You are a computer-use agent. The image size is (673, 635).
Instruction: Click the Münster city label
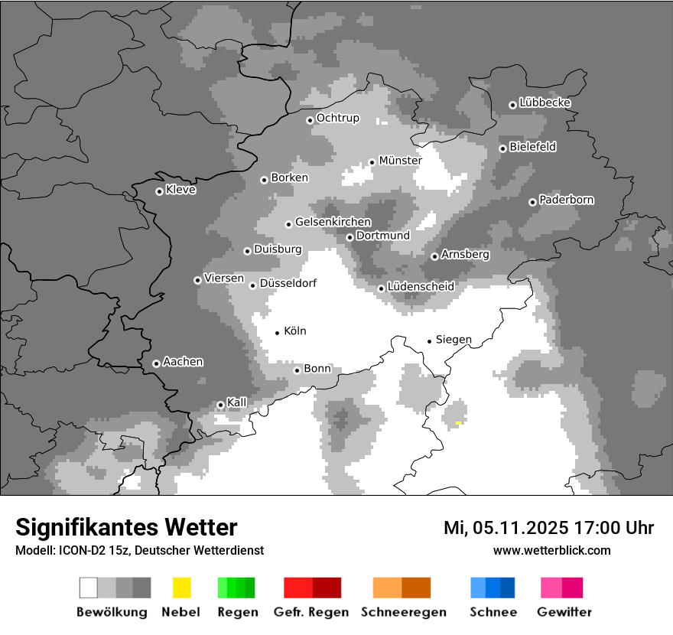coord(400,161)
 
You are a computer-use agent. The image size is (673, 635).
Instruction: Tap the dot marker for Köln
coord(278,332)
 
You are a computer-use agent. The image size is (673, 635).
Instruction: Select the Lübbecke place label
coord(545,103)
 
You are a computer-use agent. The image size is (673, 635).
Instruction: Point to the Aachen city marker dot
coord(156,363)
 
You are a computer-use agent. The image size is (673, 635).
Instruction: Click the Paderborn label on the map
coord(566,200)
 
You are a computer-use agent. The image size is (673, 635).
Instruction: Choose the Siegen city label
coord(454,340)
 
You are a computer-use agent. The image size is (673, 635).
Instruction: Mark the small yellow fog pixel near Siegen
coord(458,423)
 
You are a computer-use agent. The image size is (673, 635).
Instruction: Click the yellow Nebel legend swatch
coord(181,588)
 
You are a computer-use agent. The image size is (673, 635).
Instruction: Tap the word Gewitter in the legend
coord(564,612)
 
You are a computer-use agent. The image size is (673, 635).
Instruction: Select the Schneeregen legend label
coord(404,612)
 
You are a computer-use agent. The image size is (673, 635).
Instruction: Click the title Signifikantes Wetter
coord(126,527)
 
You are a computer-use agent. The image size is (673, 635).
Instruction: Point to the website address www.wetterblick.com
coord(551,550)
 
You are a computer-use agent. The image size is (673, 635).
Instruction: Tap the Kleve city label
coord(180,190)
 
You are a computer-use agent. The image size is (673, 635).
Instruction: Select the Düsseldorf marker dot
coord(252,285)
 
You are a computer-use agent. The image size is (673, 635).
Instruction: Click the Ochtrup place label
coord(337,118)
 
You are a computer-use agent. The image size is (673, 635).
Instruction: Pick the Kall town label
coord(237,402)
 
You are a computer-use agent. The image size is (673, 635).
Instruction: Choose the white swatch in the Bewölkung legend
coord(89,588)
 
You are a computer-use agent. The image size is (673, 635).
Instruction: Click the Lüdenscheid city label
coord(421,286)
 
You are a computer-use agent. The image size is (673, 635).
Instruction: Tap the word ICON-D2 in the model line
coord(80,550)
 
